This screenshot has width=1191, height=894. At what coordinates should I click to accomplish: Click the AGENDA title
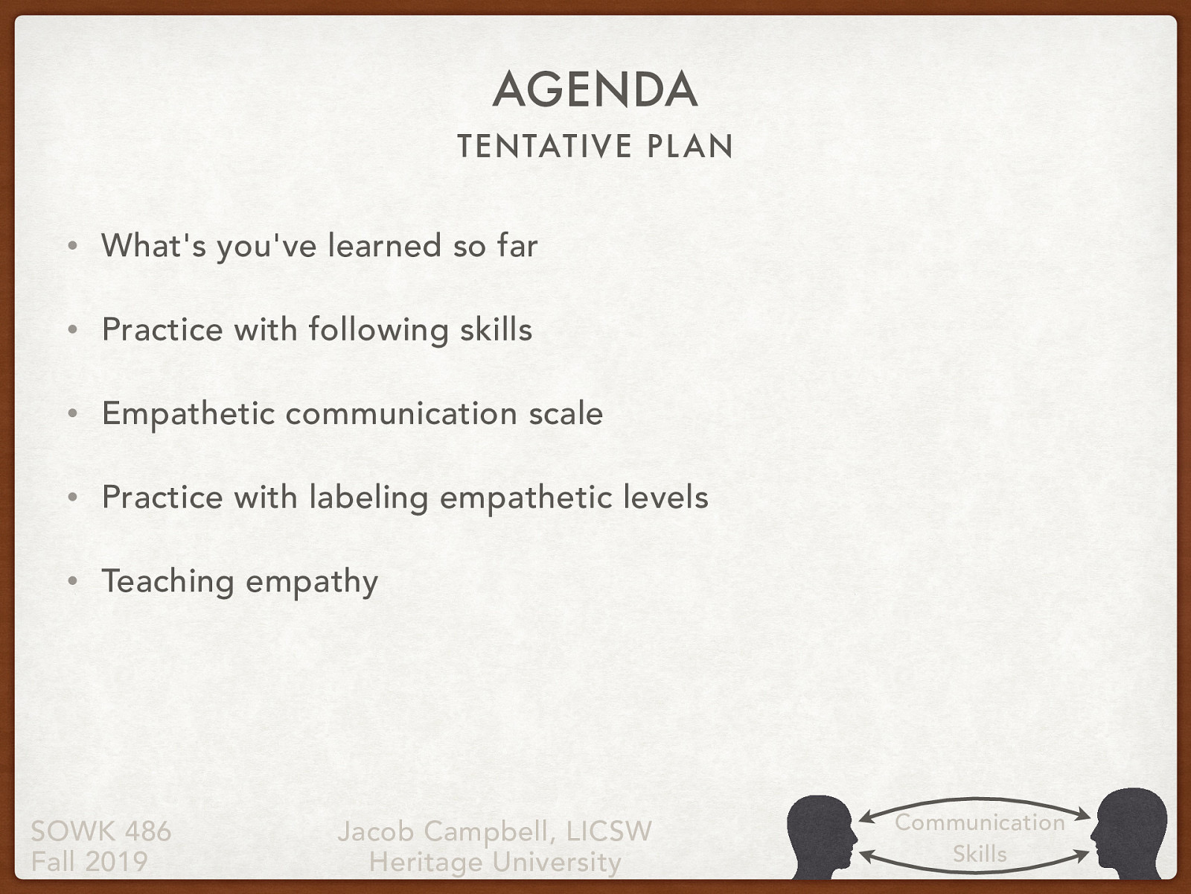coord(595,89)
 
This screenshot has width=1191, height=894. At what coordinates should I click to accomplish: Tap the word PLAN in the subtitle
coord(690,146)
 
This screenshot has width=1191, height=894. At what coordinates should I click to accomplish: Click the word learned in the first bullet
coord(385,246)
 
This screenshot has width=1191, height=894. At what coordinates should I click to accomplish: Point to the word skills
coord(496,329)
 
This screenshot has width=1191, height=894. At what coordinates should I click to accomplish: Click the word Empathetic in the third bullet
coord(188,414)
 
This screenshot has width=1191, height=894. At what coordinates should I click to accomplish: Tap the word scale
coord(566,413)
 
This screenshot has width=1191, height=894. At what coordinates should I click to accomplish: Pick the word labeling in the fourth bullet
coord(369,498)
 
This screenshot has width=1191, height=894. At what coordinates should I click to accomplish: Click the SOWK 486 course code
coord(101,831)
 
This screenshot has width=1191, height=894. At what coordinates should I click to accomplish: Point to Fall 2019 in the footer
coord(89,861)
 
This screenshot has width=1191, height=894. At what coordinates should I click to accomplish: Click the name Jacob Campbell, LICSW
coord(494,831)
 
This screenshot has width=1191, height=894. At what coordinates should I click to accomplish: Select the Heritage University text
coord(495,862)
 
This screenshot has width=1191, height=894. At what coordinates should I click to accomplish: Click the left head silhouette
coord(821,834)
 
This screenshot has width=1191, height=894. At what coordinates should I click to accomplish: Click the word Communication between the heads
coord(980,822)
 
